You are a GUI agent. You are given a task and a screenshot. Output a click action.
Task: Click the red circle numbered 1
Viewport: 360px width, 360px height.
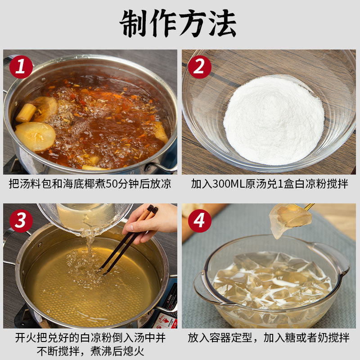[x=21, y=67]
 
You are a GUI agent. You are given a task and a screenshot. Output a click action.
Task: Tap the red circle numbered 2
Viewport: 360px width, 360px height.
[x=199, y=67]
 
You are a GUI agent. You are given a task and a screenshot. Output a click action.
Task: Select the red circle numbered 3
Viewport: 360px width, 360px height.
[x=21, y=220]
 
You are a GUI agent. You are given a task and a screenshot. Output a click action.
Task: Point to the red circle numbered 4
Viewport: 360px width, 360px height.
[x=199, y=220]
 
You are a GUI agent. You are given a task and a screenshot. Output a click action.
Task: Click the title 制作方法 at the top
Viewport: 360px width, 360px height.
[x=178, y=23]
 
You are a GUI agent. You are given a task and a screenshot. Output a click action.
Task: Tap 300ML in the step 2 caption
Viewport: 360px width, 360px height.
[x=229, y=184]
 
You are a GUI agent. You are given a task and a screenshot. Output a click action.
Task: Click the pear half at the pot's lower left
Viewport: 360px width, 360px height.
[x=35, y=136]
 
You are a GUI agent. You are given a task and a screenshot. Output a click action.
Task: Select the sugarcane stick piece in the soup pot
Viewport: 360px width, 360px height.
[x=26, y=113]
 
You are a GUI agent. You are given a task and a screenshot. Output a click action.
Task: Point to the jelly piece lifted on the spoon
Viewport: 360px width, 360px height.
[x=289, y=219]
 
